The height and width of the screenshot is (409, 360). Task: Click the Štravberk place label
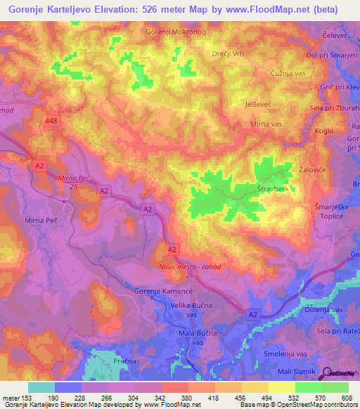[x=274, y=188]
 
